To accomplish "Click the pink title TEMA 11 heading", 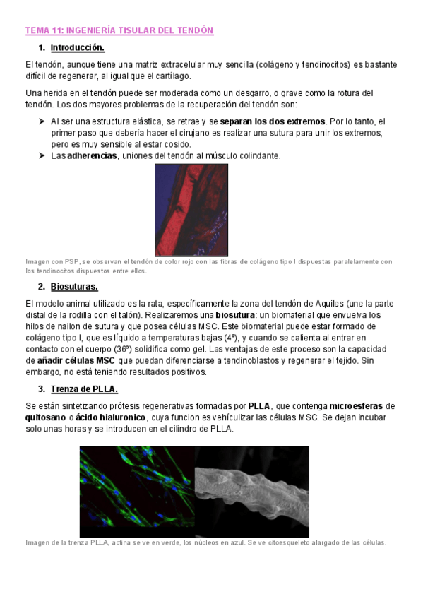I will (119, 30).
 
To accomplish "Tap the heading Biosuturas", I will (74, 286).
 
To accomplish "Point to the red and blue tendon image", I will (191, 210).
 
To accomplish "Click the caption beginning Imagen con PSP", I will (208, 266).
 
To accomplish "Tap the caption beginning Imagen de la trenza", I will (205, 542).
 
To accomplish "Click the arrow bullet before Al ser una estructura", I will (42, 121).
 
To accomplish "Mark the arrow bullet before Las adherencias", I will (42, 155).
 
